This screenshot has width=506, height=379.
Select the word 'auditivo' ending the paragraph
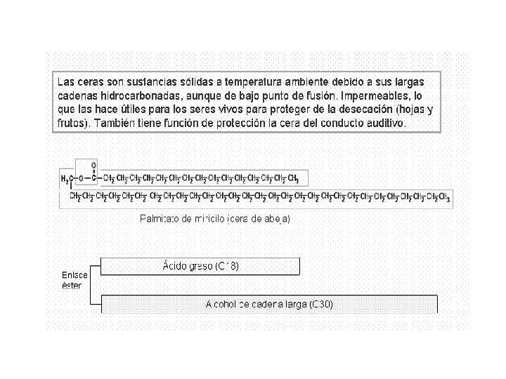click(x=385, y=124)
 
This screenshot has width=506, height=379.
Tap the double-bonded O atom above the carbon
click(x=94, y=166)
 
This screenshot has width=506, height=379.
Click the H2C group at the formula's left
click(x=65, y=178)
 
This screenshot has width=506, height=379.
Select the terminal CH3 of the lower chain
click(x=441, y=197)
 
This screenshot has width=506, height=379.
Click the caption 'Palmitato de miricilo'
click(x=183, y=219)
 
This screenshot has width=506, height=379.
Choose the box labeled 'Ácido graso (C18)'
click(x=200, y=266)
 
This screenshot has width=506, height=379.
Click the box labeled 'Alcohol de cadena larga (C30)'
click(x=269, y=305)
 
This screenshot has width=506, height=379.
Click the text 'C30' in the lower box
click(x=320, y=305)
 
